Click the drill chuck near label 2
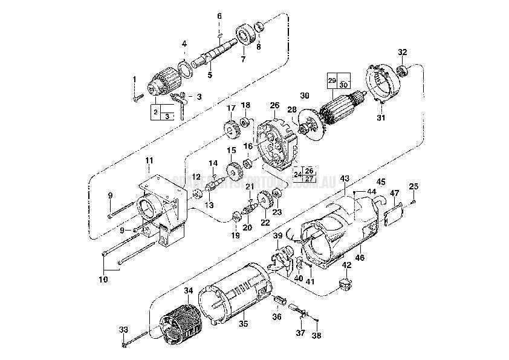point(164,83)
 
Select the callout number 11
point(149,160)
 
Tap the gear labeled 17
point(230,129)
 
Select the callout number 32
point(402,51)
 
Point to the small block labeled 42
point(346,282)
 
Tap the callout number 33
point(123,329)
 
